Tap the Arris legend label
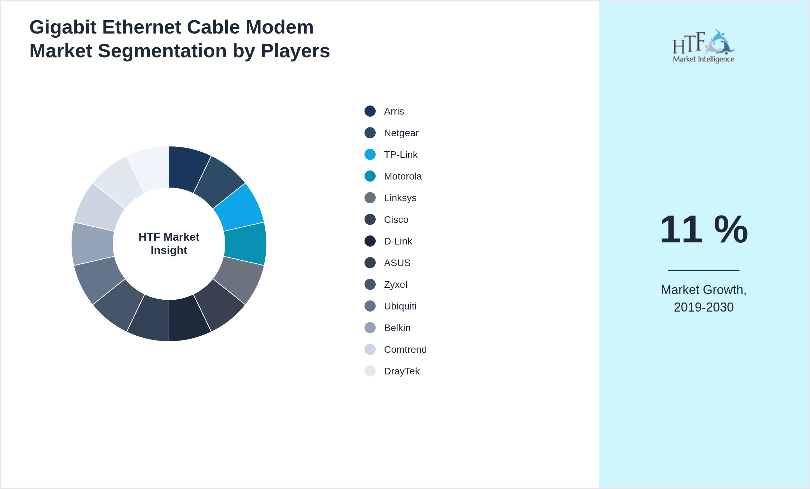tap(394, 111)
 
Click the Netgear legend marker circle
tap(370, 133)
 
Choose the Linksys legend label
tap(400, 198)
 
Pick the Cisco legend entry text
tap(396, 220)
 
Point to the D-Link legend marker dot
tap(370, 241)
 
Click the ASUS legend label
tap(397, 263)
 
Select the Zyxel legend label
tap(395, 285)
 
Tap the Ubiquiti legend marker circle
tap(370, 306)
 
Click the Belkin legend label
tap(397, 328)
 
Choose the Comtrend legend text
tap(405, 350)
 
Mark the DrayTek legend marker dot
tap(370, 371)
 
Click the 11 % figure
tap(704, 229)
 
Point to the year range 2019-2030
tap(704, 307)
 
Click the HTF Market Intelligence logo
tap(704, 46)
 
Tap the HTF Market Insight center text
tap(169, 243)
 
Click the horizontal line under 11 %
tap(704, 270)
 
